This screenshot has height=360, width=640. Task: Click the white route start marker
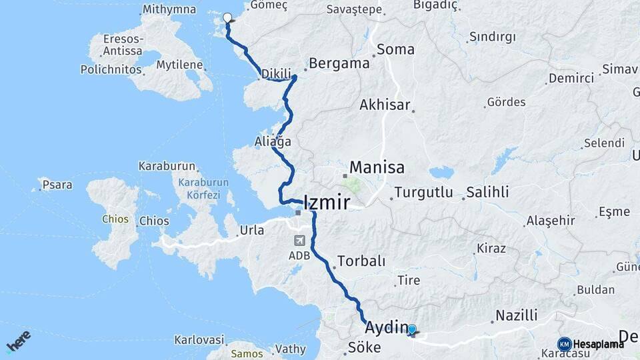(x=227, y=18)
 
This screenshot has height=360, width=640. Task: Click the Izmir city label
(x=326, y=203)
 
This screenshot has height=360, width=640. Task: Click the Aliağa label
(x=273, y=141)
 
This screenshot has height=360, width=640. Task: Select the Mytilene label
(x=179, y=65)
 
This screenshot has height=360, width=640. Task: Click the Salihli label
(x=487, y=192)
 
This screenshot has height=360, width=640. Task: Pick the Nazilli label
(x=517, y=316)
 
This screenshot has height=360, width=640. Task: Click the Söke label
(x=364, y=347)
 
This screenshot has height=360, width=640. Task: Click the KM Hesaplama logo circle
(x=565, y=344)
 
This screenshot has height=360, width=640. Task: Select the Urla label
(x=251, y=231)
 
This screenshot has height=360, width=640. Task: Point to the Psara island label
(x=57, y=185)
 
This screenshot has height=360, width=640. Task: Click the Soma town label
(x=395, y=49)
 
